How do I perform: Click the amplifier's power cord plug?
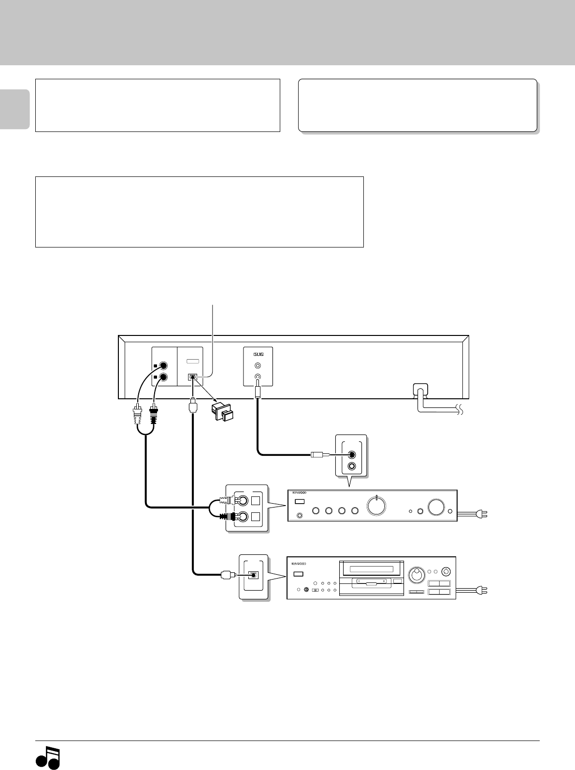coord(482,514)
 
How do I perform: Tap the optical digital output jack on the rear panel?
coord(192,377)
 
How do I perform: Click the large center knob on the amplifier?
coord(376,506)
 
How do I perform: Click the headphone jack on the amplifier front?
coord(300,516)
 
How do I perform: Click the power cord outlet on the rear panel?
coord(420,390)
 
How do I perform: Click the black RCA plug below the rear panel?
coord(155,414)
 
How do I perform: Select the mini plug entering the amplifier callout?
coord(319,454)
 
